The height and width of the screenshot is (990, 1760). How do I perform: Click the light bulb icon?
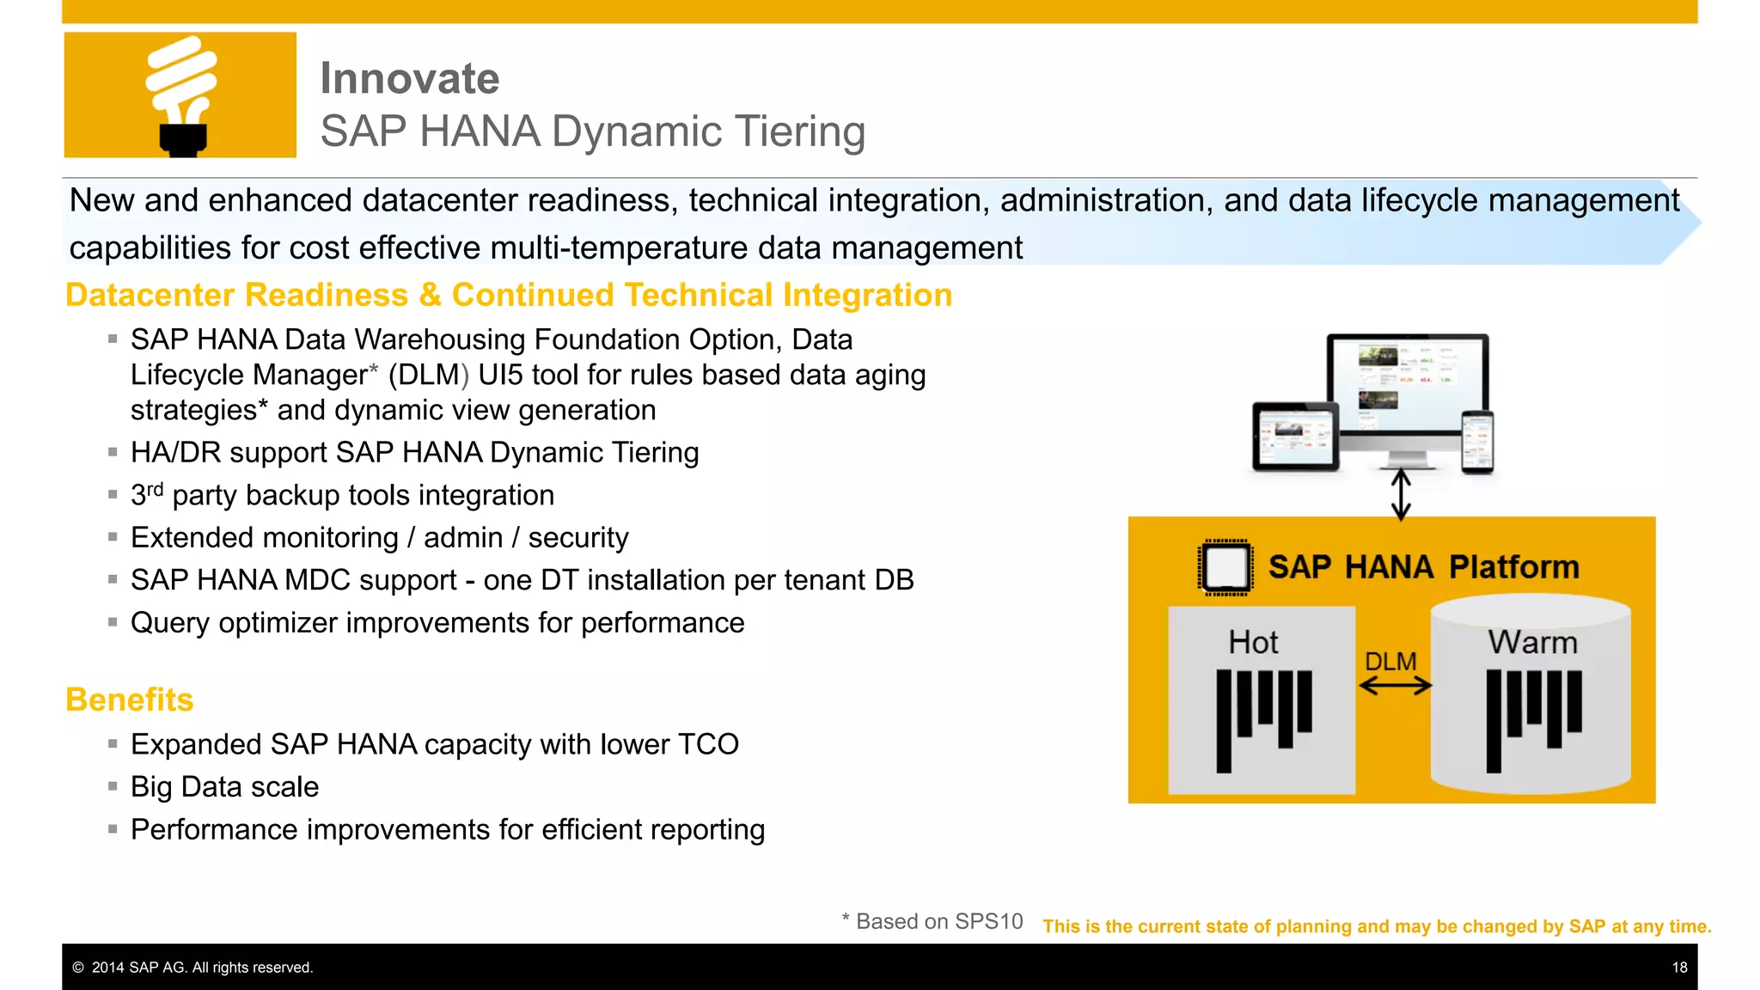tap(181, 95)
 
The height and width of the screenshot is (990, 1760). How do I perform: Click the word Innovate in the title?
tap(409, 78)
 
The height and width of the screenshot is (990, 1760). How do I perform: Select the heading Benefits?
tap(130, 700)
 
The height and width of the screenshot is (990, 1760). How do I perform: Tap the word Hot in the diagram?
tap(1253, 642)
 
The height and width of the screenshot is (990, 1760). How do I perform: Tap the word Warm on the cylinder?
tap(1532, 642)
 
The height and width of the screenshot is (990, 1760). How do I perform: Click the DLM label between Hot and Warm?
tap(1390, 661)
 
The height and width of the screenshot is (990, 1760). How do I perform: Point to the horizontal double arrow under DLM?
tap(1395, 686)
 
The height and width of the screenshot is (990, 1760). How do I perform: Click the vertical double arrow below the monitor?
tap(1401, 493)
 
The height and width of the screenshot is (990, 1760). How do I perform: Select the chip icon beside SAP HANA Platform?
tap(1225, 567)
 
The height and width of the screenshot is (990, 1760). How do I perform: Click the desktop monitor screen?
tap(1407, 382)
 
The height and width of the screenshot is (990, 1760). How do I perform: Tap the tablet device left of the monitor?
tap(1295, 437)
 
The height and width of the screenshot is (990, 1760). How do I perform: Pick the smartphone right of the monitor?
tap(1477, 442)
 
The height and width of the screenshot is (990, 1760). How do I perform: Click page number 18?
tap(1679, 968)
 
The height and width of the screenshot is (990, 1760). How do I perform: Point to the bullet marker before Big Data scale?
tap(113, 785)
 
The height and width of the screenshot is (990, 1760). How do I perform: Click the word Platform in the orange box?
tap(1513, 567)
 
